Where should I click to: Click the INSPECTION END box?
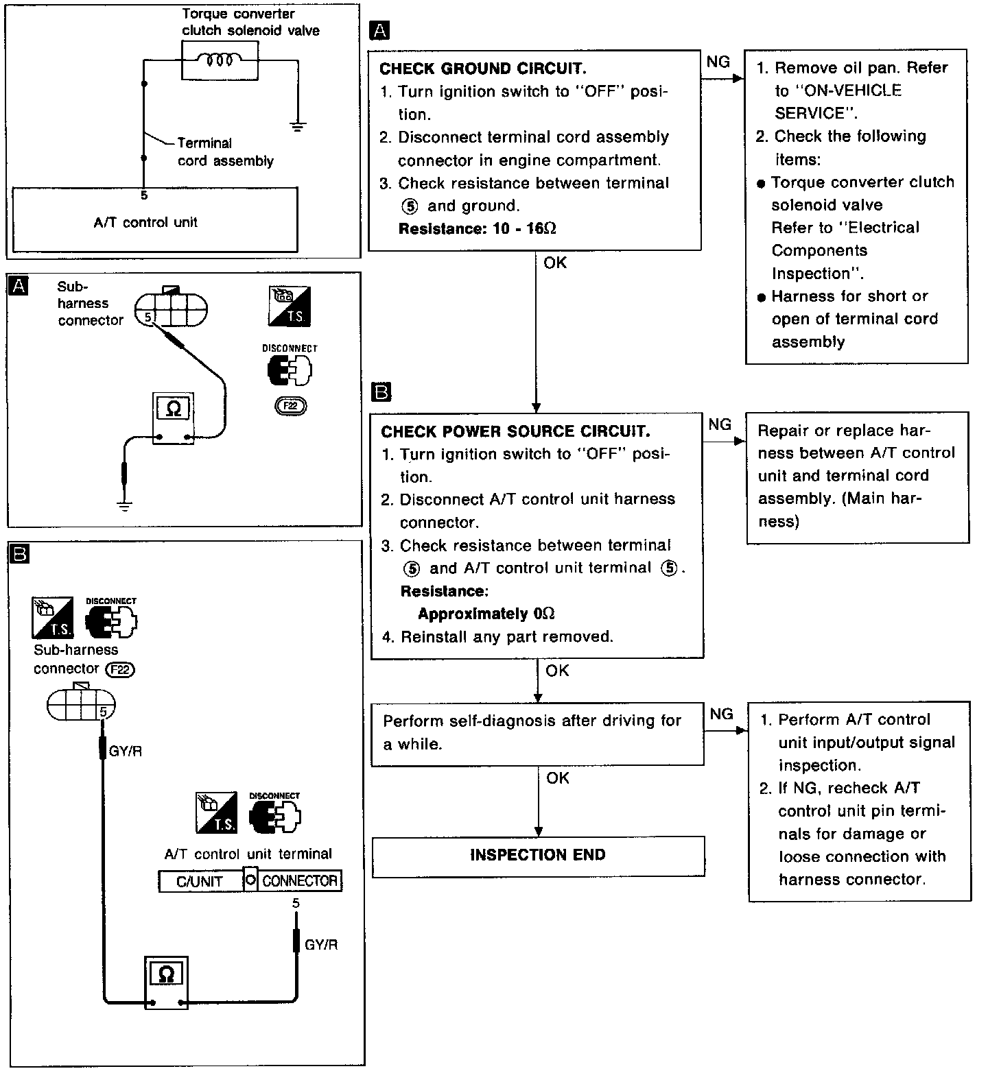click(x=538, y=855)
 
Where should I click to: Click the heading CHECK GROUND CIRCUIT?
click(x=482, y=69)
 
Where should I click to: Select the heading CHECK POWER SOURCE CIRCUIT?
click(x=515, y=431)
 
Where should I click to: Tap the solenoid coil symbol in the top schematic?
click(x=219, y=60)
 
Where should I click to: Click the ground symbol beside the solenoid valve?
click(x=297, y=125)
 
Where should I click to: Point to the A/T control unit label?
click(x=145, y=222)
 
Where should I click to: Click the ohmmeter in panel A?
click(x=174, y=418)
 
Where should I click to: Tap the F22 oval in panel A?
click(x=290, y=406)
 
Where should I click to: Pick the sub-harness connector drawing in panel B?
click(x=81, y=703)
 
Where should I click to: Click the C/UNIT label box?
click(x=200, y=881)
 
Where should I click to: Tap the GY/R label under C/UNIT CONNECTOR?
click(x=321, y=944)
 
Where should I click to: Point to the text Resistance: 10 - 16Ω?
click(x=477, y=228)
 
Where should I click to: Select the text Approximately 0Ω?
click(x=486, y=614)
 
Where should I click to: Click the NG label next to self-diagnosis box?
click(x=721, y=714)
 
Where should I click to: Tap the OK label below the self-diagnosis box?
click(x=558, y=778)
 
